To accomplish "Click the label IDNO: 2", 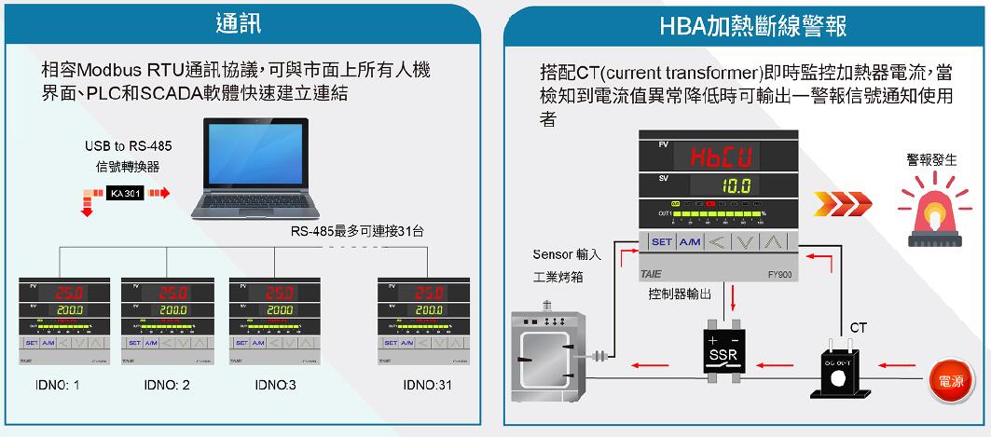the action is [x=167, y=385].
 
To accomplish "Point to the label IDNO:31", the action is [x=427, y=385].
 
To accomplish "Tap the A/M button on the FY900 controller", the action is [x=691, y=242].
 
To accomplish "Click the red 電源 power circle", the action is [x=952, y=381].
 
